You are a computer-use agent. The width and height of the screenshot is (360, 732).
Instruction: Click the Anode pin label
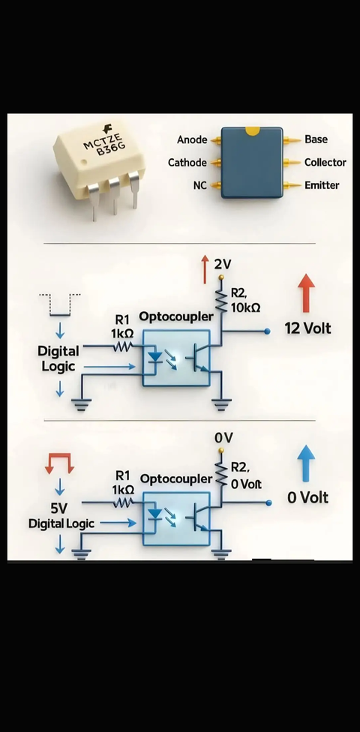pos(192,139)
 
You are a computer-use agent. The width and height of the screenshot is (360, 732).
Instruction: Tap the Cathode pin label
pos(187,163)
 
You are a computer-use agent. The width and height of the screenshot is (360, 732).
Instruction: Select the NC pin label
pos(199,185)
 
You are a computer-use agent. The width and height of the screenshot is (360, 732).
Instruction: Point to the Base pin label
pos(316,139)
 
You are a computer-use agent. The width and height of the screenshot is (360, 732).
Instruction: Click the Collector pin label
pos(325,163)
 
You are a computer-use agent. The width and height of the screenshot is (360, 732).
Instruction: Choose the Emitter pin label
pos(322,185)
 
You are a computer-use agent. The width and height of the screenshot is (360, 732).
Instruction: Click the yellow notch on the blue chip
pos(252,131)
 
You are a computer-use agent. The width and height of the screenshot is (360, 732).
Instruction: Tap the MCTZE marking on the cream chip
pos(102,140)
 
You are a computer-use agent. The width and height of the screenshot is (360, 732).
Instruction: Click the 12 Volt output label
pos(307,328)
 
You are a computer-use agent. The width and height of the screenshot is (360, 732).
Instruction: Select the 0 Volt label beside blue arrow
pos(307,498)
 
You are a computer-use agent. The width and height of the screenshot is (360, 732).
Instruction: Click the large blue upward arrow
pos(306,463)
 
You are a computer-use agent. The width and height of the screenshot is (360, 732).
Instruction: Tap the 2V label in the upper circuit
pos(223,264)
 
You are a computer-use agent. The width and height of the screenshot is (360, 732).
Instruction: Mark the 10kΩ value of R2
pos(245,307)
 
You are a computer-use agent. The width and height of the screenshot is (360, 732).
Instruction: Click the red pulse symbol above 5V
pos(59,463)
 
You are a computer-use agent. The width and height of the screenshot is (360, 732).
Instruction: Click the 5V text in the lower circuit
pos(58,508)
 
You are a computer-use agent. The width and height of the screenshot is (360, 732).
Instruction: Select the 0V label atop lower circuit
pos(223,438)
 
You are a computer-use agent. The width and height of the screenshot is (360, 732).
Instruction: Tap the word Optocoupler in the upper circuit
pos(176,316)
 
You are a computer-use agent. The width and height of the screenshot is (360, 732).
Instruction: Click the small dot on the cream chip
pos(84,162)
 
